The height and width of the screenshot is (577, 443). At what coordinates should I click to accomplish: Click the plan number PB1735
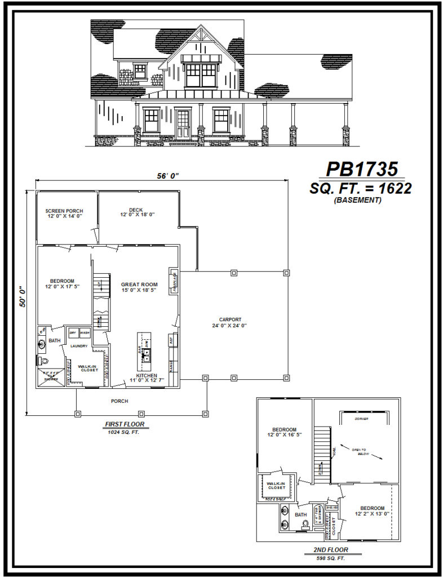[362, 169]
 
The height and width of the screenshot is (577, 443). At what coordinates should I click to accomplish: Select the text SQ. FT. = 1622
[360, 189]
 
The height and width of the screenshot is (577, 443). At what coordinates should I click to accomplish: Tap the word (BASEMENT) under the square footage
[357, 200]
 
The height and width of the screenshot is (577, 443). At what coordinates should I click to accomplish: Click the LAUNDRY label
[78, 346]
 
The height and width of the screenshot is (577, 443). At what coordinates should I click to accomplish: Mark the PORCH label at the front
[119, 401]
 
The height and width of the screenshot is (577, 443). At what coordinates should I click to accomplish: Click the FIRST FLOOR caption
[122, 424]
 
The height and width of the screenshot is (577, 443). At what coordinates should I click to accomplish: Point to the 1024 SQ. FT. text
[122, 432]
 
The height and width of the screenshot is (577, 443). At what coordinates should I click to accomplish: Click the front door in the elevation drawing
[183, 125]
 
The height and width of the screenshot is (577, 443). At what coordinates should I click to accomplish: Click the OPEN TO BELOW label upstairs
[361, 451]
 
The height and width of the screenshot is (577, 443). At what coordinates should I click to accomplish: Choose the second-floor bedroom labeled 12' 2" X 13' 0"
[372, 511]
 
